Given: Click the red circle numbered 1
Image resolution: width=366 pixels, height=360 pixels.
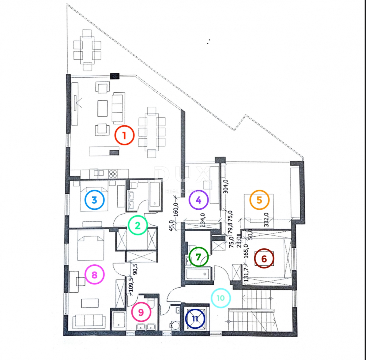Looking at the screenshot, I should tap(124, 135).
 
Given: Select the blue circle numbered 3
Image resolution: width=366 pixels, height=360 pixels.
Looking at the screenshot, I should tap(94, 200).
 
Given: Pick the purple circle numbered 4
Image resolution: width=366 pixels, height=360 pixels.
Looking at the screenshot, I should tap(198, 200).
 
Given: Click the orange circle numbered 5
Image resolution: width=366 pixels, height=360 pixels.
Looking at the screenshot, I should tap(259, 200).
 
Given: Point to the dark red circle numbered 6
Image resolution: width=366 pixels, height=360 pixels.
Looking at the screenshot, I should tap(264, 259).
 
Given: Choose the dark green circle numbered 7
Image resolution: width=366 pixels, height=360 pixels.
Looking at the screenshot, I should tap(198, 257).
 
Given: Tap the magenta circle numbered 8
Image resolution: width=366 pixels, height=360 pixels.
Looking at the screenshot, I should tap(95, 275).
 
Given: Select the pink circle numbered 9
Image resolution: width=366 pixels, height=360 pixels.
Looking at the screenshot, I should tap(141, 312).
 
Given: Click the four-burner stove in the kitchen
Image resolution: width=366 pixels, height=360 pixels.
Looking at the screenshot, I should tap(113, 173).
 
